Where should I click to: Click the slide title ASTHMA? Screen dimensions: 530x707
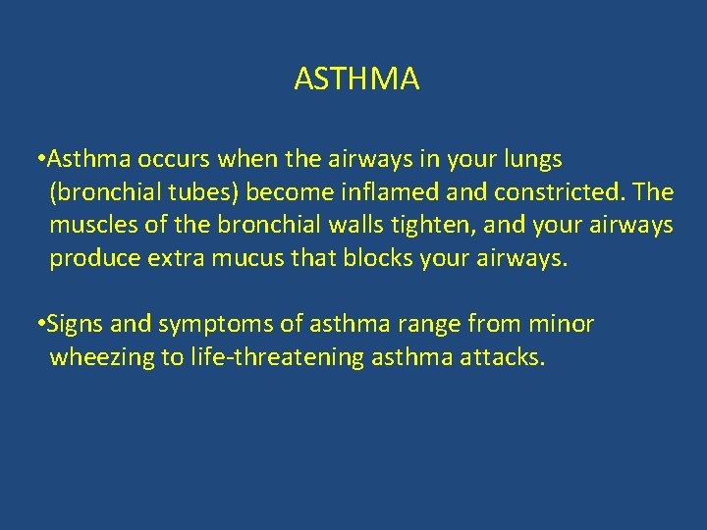tap(356, 79)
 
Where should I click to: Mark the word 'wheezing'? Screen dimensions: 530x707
tap(101, 358)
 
